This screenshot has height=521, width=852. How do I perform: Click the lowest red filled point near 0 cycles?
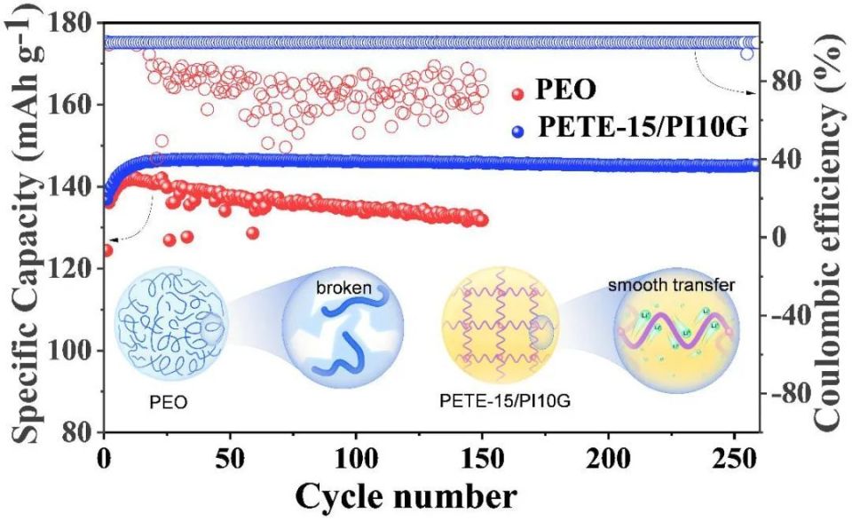(107, 250)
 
